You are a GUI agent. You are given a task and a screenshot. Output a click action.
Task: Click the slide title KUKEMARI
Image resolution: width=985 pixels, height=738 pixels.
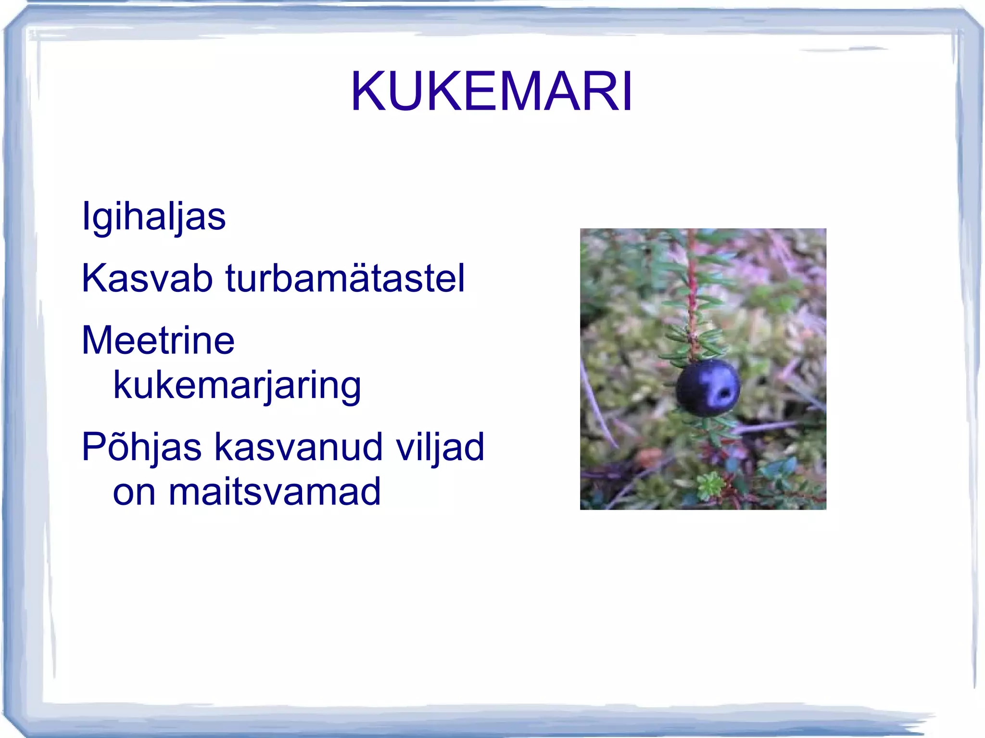[492, 91]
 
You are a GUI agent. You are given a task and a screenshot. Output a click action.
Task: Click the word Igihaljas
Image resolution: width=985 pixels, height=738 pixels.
[153, 216]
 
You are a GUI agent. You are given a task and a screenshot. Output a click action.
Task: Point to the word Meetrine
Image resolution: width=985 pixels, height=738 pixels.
[158, 340]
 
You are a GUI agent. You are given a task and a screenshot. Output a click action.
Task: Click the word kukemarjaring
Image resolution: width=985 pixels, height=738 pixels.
[237, 386]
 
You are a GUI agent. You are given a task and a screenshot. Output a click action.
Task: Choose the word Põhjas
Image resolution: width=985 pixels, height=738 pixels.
[141, 447]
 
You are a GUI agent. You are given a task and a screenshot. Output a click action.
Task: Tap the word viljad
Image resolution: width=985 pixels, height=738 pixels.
[440, 447]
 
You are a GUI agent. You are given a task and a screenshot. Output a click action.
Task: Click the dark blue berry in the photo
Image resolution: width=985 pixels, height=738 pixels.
[707, 388]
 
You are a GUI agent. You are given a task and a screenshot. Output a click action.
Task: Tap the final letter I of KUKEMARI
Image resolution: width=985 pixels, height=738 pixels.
[627, 91]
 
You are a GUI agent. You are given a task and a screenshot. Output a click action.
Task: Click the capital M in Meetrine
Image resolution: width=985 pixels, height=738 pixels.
[99, 340]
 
